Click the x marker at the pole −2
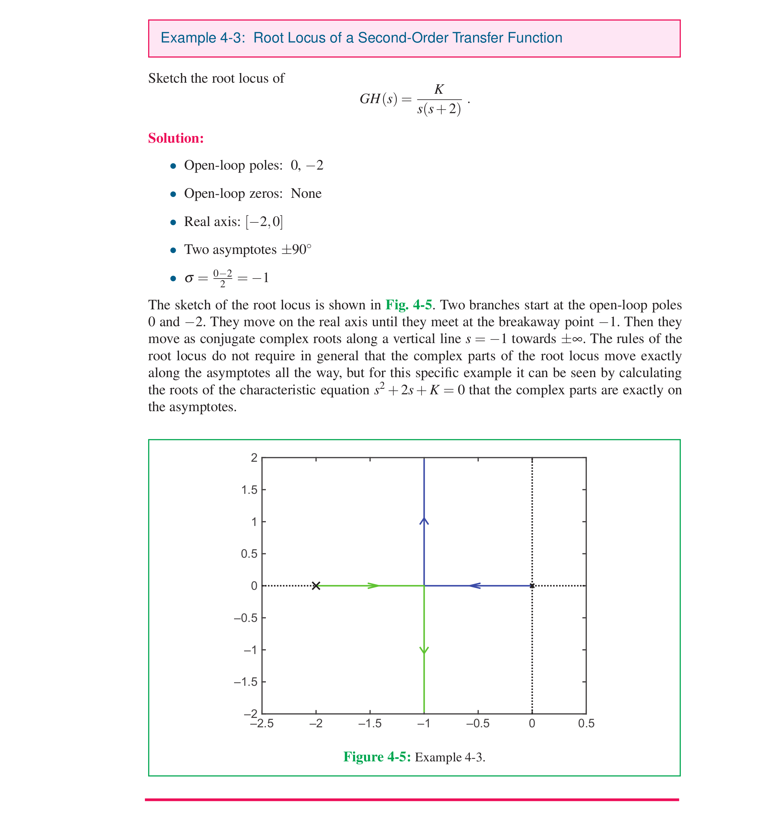coord(316,586)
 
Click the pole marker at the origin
coord(532,586)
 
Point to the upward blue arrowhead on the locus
coord(424,521)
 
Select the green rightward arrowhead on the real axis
coord(373,586)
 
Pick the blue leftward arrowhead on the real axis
coord(475,586)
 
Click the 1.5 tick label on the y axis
coord(249,490)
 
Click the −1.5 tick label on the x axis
coord(370,723)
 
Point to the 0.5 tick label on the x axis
coord(586,723)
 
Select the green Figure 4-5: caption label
coord(377,757)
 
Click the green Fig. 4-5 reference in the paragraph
coord(409,305)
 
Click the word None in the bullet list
coord(306,193)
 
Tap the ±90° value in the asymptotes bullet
coord(296,249)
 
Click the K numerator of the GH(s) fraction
coord(439,89)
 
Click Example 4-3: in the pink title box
coord(203,38)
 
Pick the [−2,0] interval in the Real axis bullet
coord(264,221)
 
